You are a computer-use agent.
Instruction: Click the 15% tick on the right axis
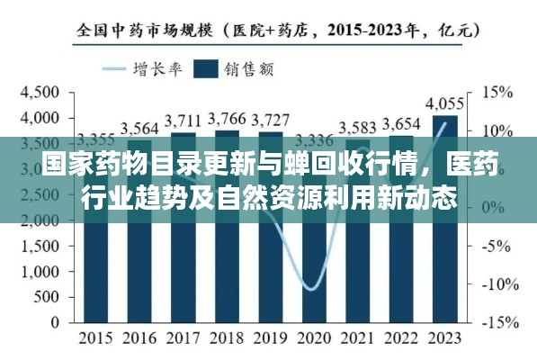[x=497, y=92]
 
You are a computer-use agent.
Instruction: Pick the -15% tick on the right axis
[x=497, y=322]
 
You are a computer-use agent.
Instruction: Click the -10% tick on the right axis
[x=497, y=284]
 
